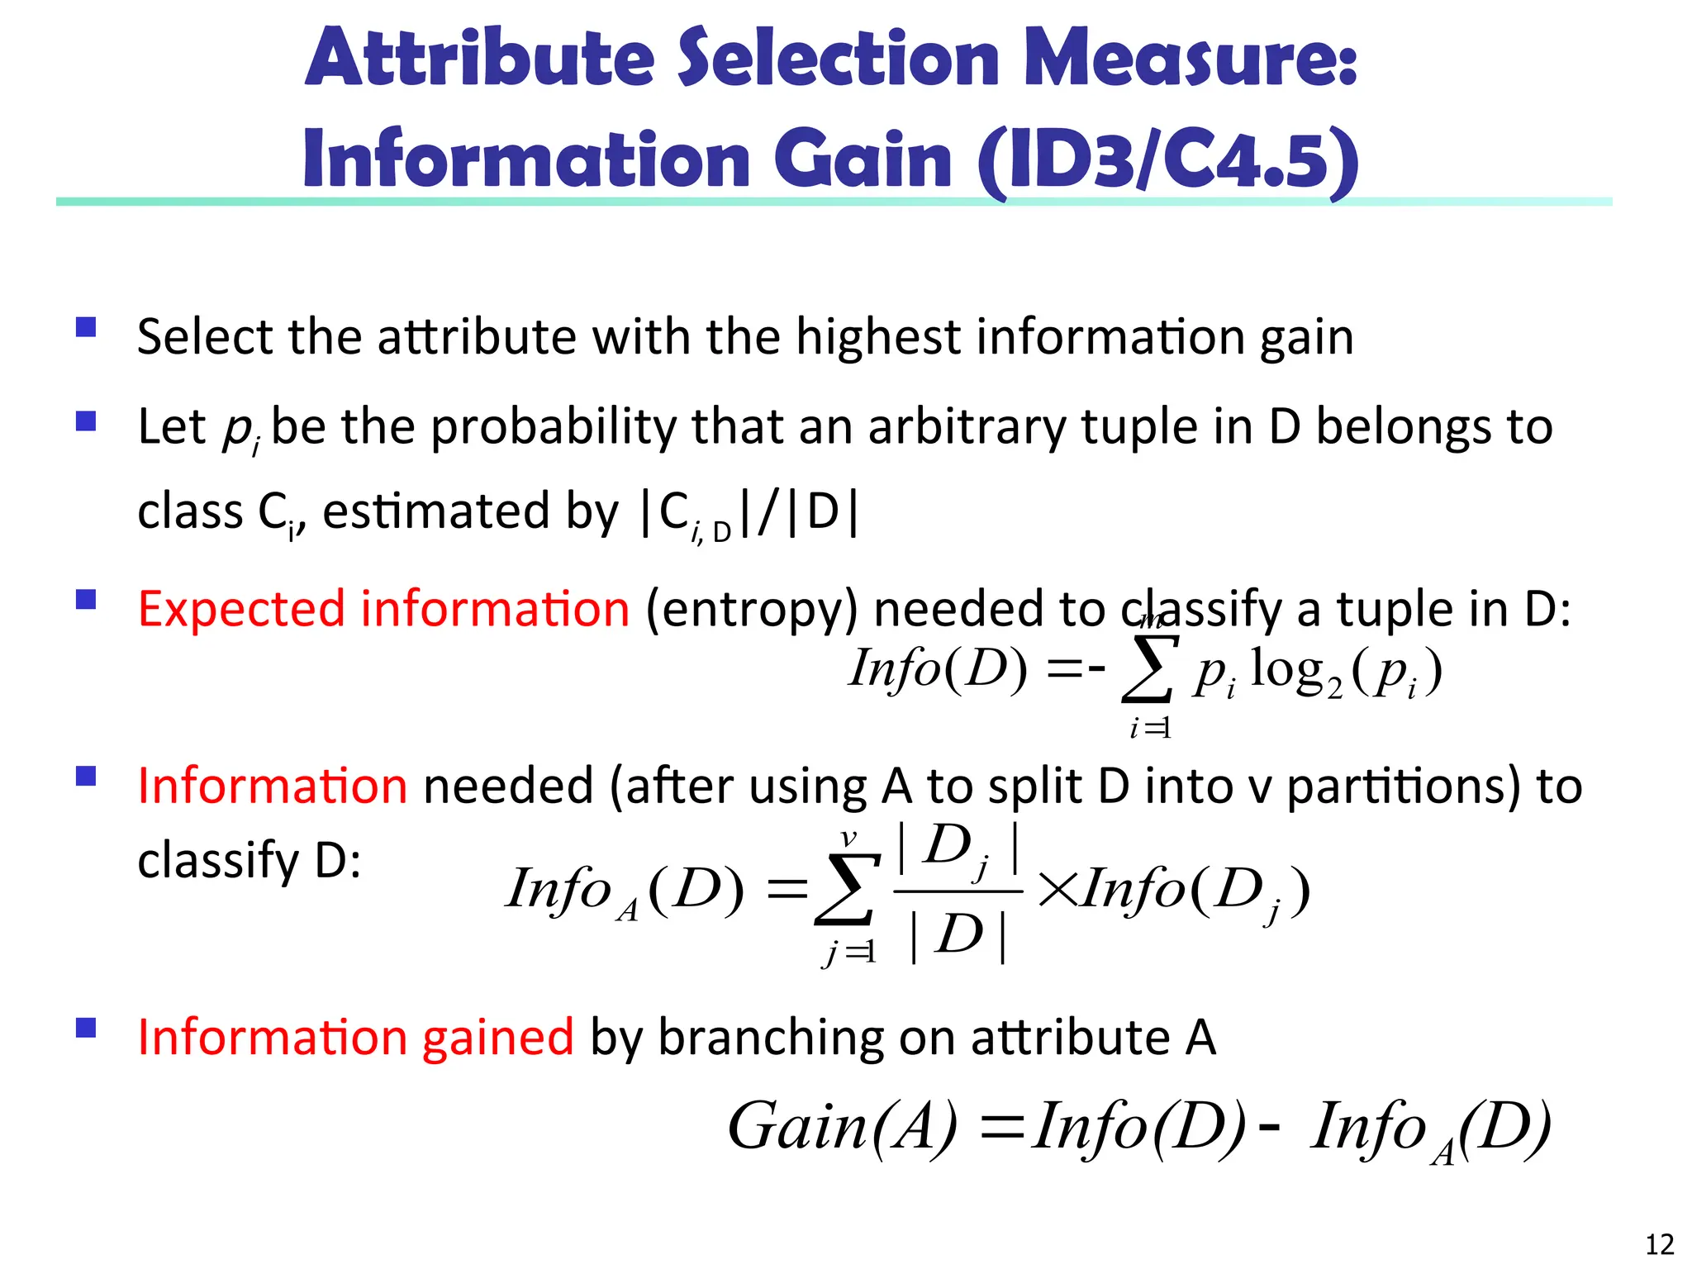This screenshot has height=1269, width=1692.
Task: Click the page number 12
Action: point(1659,1244)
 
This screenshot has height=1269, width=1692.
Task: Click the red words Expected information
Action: point(383,610)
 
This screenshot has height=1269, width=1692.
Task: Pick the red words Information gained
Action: point(355,1037)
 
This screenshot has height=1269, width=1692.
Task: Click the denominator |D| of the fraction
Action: point(958,936)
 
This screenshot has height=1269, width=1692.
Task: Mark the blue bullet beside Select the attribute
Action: point(86,328)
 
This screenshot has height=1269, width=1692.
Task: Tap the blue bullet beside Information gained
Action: point(86,1027)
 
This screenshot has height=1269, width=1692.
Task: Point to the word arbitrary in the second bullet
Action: point(967,428)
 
